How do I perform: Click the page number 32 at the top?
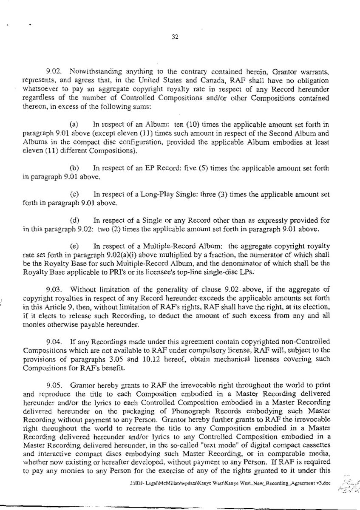pos(180,37)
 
